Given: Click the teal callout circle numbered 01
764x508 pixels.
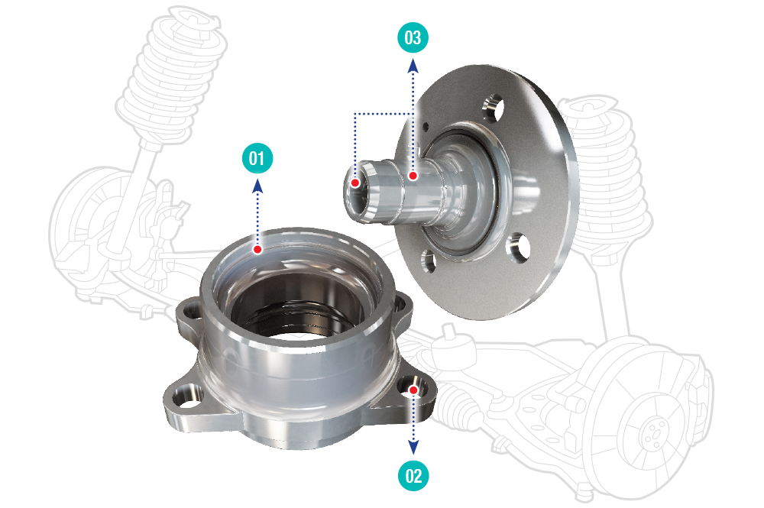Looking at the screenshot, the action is pos(257,158).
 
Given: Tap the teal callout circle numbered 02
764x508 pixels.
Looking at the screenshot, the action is pos(413,475).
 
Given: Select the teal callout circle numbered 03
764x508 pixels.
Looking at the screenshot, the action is pos(413,37).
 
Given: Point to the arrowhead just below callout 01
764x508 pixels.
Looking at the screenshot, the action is pos(257,186).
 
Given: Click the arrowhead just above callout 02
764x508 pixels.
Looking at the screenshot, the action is pos(413,448).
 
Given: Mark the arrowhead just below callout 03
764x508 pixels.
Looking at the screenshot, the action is pos(413,65).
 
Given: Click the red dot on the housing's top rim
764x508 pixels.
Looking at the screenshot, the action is pos(257,249).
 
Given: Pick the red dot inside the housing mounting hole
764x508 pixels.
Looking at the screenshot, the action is pos(413,390).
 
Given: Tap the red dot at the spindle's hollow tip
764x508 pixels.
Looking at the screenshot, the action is pos(356,183).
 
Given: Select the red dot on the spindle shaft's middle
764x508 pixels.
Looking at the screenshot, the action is pos(413,176).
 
